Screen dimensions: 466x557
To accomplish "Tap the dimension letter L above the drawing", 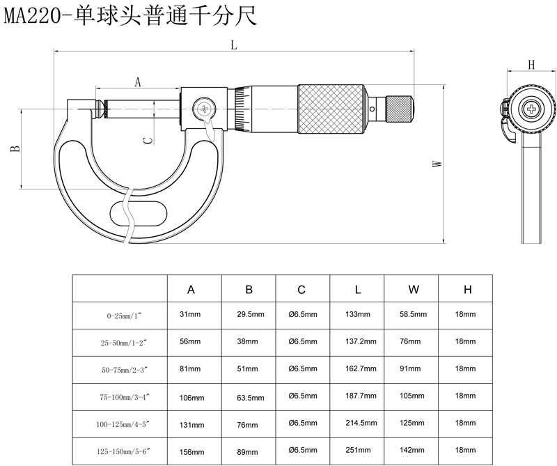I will click(234, 45).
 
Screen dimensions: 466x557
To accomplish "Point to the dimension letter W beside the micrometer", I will click(437, 164).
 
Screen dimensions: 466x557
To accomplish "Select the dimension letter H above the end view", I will click(531, 65).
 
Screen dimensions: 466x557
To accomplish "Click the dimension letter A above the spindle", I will click(137, 82).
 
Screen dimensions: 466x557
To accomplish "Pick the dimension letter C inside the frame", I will click(146, 140).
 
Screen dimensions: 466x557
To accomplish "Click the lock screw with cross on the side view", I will click(205, 109).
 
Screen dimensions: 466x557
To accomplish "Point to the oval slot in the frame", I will click(136, 210).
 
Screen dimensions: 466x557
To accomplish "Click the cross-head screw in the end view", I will click(533, 109).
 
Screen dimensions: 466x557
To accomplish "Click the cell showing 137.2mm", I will click(361, 342).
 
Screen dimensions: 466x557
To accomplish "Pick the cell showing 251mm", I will click(358, 451).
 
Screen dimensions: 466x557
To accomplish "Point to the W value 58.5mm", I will click(413, 315).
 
